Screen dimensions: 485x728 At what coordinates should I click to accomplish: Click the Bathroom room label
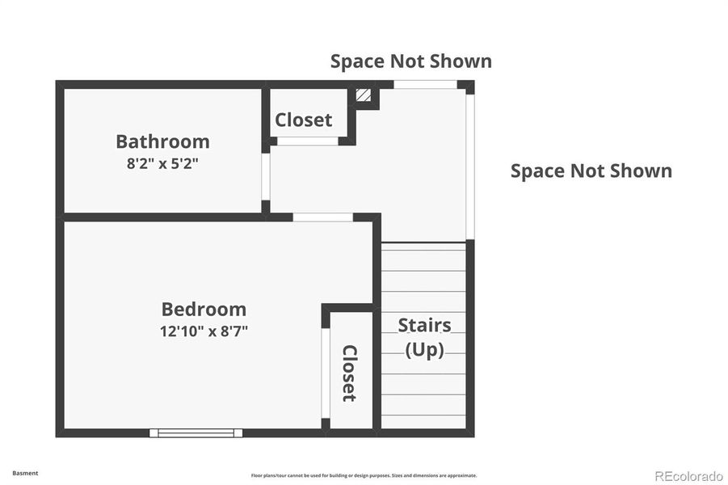coord(162,141)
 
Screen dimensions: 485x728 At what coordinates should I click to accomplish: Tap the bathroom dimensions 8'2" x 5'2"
coord(162,162)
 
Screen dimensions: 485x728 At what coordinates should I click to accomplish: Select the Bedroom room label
coord(204,309)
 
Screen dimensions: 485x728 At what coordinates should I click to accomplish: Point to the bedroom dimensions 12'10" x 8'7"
coord(204,331)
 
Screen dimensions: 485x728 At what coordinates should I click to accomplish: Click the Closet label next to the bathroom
coord(303,120)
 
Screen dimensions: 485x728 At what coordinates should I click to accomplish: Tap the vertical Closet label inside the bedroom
coord(349,373)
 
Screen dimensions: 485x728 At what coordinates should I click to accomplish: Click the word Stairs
coord(424,325)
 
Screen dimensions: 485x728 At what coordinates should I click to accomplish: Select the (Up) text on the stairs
coord(424,350)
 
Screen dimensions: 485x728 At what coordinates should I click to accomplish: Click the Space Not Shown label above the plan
coord(410,61)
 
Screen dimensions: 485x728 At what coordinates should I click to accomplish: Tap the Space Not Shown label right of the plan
coord(591,171)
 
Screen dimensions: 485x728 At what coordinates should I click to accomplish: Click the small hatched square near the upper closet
coord(364,95)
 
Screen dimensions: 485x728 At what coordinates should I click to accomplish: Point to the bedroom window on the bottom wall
coord(196,433)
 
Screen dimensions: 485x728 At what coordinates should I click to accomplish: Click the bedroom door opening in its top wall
coord(322,217)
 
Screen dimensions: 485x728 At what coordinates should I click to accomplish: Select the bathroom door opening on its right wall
coord(265,176)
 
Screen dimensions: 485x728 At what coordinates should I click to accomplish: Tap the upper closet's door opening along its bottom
coord(308,141)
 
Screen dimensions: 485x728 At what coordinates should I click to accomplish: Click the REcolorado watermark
coord(688,476)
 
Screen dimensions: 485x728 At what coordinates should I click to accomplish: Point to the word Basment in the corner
coord(25,474)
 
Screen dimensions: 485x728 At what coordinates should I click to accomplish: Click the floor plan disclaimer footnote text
coord(364,476)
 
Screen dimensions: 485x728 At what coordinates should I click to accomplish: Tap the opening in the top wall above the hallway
coord(425,84)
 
